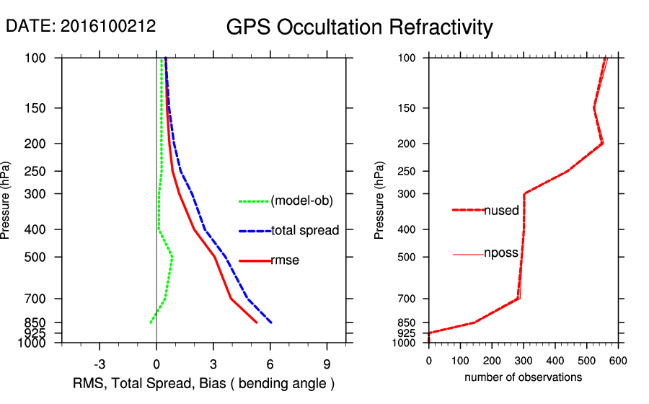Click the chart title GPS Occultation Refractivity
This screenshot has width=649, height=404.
(x=359, y=27)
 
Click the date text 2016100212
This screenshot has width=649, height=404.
(x=108, y=26)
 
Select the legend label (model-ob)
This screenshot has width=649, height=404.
(x=302, y=201)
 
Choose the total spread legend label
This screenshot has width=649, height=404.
(x=305, y=231)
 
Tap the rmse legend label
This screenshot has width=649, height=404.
(x=285, y=260)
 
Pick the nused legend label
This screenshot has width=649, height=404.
(x=501, y=211)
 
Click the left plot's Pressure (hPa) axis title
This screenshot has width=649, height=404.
(x=6, y=200)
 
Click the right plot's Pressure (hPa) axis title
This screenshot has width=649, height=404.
(x=379, y=200)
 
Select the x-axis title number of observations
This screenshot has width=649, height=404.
(x=523, y=377)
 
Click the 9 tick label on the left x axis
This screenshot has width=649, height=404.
(x=327, y=364)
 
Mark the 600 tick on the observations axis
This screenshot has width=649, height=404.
(x=617, y=360)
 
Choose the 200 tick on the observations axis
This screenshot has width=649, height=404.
(x=492, y=360)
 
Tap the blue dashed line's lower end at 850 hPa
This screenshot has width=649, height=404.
(x=271, y=322)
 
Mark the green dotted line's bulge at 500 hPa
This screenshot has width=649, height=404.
(x=172, y=257)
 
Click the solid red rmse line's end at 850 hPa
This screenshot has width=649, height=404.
(x=257, y=322)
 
